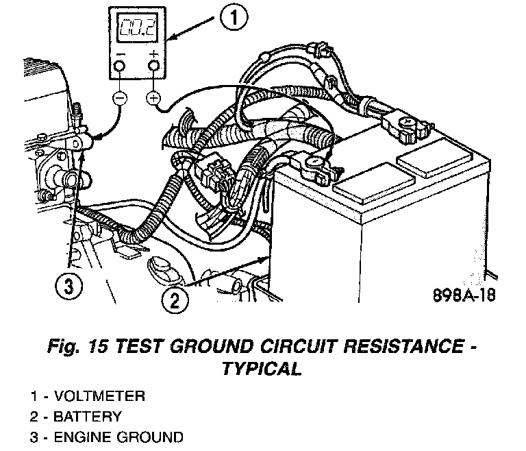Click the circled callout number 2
[x=174, y=299]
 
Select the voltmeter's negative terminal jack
[x=119, y=65]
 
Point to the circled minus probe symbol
[x=119, y=99]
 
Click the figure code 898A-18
[x=462, y=296]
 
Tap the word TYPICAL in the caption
[x=262, y=369]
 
